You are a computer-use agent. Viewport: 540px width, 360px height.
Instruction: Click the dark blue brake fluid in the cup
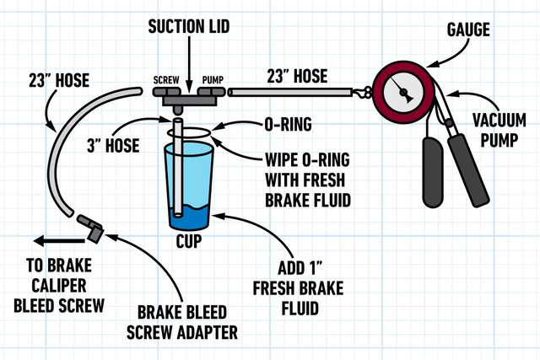coord(190,218)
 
